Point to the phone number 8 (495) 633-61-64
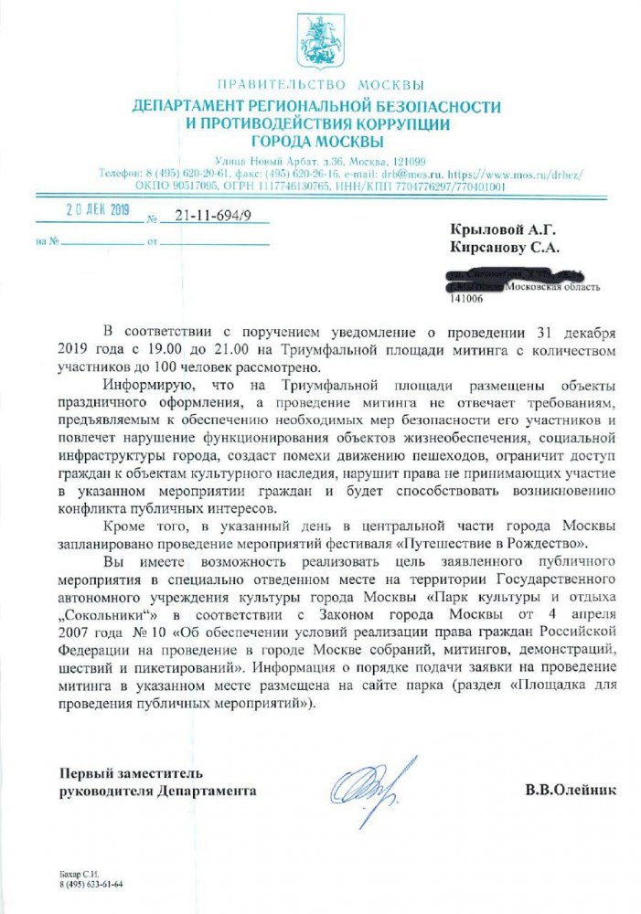tap(91, 886)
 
